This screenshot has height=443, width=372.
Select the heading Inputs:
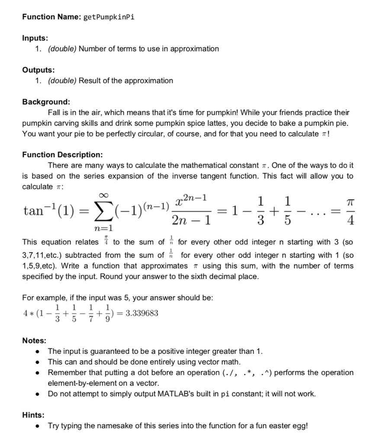click(x=35, y=38)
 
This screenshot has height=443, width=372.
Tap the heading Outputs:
click(x=38, y=70)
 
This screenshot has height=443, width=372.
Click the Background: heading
click(x=46, y=102)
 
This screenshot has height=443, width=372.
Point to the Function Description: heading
click(x=62, y=154)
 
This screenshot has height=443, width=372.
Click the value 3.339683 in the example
click(x=141, y=313)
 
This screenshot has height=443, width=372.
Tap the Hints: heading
click(x=33, y=415)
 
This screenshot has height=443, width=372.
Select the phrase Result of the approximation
click(x=126, y=80)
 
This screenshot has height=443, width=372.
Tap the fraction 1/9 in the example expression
click(x=107, y=313)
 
